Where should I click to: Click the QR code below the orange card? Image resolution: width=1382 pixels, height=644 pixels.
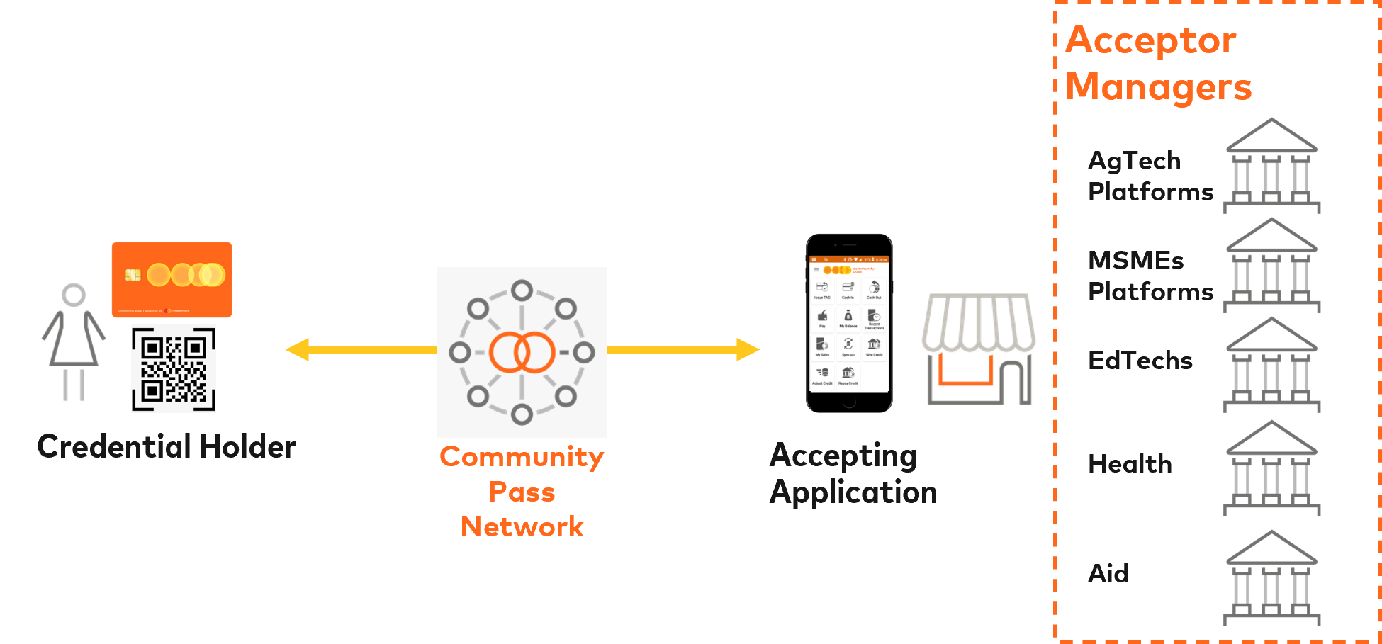pyautogui.click(x=174, y=368)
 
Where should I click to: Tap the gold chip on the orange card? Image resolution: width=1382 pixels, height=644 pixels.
pyautogui.click(x=133, y=275)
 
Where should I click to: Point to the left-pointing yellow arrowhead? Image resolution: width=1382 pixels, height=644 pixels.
pyautogui.click(x=298, y=349)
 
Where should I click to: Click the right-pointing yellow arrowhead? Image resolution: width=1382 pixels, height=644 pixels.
pyautogui.click(x=747, y=349)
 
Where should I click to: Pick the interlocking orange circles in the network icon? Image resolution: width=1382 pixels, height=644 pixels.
pyautogui.click(x=522, y=352)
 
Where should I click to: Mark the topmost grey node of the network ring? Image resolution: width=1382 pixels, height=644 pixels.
pyautogui.click(x=522, y=290)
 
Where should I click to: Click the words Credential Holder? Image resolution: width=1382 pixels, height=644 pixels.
pyautogui.click(x=167, y=447)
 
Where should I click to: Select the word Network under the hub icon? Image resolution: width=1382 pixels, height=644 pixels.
pyautogui.click(x=522, y=527)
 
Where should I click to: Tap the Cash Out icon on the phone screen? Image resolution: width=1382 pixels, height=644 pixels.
pyautogui.click(x=874, y=288)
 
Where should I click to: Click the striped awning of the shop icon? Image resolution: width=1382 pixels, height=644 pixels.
pyautogui.click(x=978, y=322)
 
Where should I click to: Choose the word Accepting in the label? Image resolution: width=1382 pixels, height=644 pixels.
pyautogui.click(x=843, y=456)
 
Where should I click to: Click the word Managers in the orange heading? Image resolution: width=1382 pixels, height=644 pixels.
pyautogui.click(x=1159, y=87)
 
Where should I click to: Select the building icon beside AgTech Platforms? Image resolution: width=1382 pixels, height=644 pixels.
pyautogui.click(x=1271, y=166)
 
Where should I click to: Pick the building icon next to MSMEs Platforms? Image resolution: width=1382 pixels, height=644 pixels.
pyautogui.click(x=1271, y=266)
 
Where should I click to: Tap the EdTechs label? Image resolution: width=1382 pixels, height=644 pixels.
pyautogui.click(x=1140, y=361)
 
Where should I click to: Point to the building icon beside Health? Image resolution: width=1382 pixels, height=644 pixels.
pyautogui.click(x=1271, y=468)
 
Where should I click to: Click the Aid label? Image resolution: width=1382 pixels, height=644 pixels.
pyautogui.click(x=1108, y=573)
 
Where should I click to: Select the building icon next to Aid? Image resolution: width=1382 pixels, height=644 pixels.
pyautogui.click(x=1271, y=578)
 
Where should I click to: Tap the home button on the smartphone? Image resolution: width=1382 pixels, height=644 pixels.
pyautogui.click(x=849, y=402)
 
